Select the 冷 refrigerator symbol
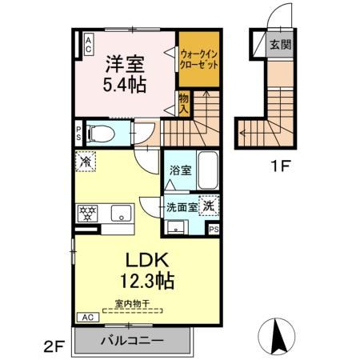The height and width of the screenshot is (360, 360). point(86,161)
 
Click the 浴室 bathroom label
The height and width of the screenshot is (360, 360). point(180,170)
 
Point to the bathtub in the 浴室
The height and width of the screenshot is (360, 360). point(207,170)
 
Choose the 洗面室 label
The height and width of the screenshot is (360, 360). point(182,206)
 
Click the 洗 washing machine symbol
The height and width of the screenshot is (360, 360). point(208,205)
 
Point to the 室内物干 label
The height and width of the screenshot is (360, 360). point(131,303)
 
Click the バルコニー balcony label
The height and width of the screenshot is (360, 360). point(132,339)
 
